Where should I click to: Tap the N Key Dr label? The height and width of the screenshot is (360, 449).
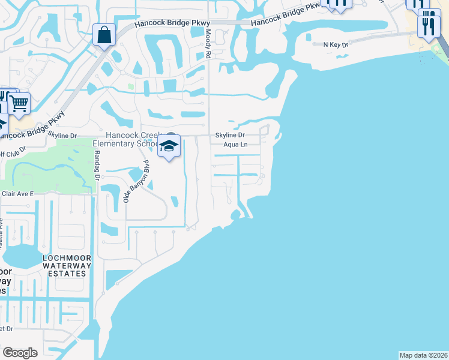pyautogui.click(x=335, y=44)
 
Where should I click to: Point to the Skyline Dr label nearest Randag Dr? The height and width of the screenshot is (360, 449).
pyautogui.click(x=63, y=136)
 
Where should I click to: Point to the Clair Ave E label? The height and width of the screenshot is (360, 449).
pyautogui.click(x=17, y=194)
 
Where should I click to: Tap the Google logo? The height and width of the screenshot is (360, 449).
pyautogui.click(x=20, y=353)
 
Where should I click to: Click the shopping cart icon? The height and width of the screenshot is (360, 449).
pyautogui.click(x=19, y=103)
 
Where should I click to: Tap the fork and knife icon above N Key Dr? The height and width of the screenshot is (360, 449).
pyautogui.click(x=429, y=24)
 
